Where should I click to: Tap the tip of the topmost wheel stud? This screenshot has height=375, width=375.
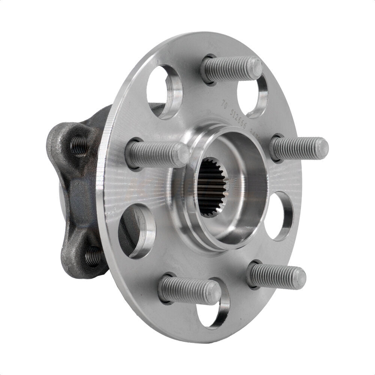256,67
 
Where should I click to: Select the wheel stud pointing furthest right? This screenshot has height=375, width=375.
300,148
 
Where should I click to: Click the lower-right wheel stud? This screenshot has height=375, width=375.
277,277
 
